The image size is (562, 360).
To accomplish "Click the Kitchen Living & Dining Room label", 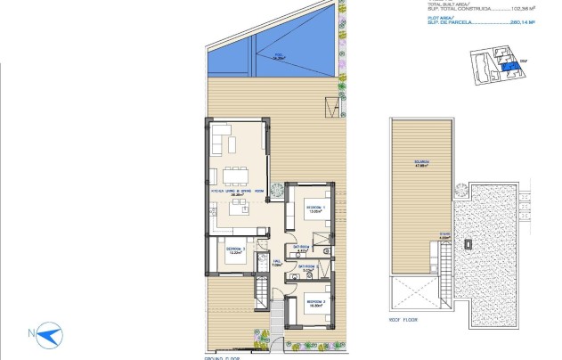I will [238, 191].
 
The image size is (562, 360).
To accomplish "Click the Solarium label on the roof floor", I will [421, 161].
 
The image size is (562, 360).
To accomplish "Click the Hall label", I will [276, 262].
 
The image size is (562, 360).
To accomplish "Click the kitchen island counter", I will [239, 210].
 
